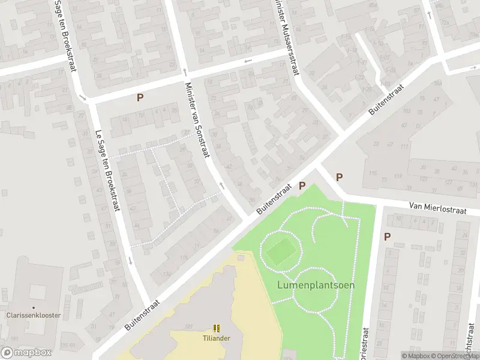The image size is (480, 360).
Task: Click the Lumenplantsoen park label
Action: coord(316,285)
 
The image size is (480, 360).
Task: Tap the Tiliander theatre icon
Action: coord(216,328)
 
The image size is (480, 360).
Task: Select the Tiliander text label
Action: coord(216,338)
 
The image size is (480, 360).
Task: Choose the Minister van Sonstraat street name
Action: coord(197,120)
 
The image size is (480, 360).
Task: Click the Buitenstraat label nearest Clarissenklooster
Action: coord(143,314)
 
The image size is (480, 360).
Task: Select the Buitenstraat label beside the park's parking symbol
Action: coord(274,200)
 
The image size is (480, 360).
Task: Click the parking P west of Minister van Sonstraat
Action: coord(140,97)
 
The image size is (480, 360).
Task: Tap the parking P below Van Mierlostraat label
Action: coord(387,236)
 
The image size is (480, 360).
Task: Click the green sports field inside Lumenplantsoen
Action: coord(278,252)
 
